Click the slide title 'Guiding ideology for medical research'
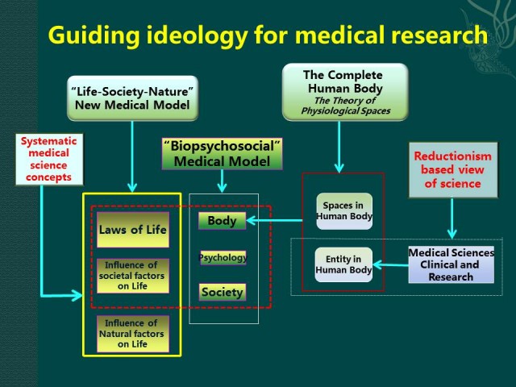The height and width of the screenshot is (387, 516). tap(267, 35)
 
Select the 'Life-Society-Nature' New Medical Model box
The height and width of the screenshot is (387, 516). tap(131, 97)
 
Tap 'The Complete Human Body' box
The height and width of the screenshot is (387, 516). tap(345, 92)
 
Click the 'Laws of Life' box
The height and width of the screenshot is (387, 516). tap(133, 230)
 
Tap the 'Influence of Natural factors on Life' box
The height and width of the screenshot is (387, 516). tap(133, 334)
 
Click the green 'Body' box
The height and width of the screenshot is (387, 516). tap(222, 220)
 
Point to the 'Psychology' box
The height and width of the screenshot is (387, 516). tap(223, 258)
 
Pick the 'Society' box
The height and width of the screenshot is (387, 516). tap(222, 292)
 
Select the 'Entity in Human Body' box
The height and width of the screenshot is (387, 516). tap(344, 264)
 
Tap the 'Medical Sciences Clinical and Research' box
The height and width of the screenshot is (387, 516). tap(451, 264)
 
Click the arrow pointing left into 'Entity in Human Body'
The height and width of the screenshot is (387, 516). tap(391, 264)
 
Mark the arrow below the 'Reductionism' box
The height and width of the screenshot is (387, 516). tap(451, 218)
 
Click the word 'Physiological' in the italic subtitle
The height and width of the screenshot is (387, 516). tap(330, 110)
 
